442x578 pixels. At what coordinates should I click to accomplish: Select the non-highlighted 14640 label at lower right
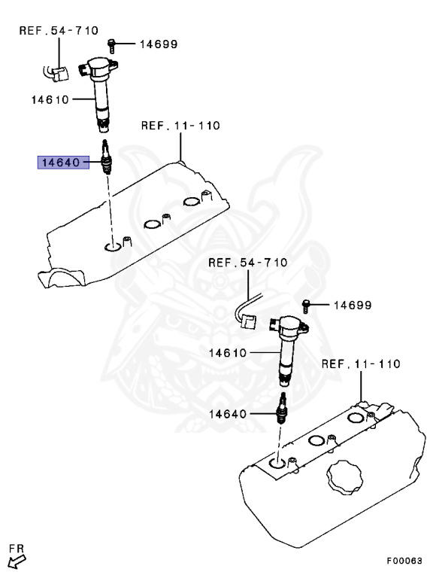pos(228,414)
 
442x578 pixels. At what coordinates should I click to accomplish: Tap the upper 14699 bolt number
pos(159,44)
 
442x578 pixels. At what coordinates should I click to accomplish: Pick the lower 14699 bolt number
pos(353,306)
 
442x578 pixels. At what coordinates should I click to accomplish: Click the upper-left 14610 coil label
pos(50,99)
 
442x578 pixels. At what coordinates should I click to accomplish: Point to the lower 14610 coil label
pos(228,353)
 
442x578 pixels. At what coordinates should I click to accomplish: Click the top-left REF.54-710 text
pos(59,30)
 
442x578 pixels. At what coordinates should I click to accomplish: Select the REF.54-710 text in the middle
pos(248,263)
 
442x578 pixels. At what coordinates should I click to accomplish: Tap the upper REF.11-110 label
pos(180,126)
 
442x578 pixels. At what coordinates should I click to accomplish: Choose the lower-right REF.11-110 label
pos(361,364)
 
